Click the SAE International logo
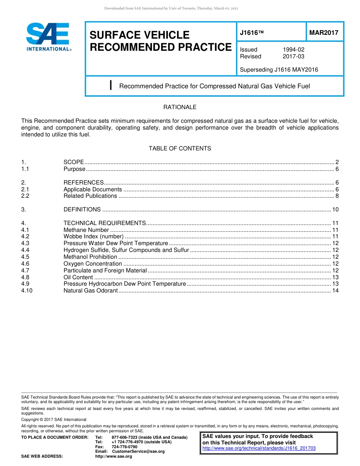(48, 37)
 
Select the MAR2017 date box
(324, 33)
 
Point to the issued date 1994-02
(293, 50)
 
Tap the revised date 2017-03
(293, 56)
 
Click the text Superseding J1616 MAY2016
(279, 70)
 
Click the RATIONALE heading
(180, 107)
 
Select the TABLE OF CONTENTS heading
(180, 149)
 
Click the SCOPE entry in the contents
(74, 162)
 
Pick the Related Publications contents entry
(90, 196)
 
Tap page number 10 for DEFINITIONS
(335, 210)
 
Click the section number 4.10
(27, 291)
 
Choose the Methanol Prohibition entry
(90, 257)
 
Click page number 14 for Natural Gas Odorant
(335, 291)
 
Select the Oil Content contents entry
(78, 277)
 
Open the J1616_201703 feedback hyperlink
(259, 448)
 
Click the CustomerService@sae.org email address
(138, 451)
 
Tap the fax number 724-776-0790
(124, 447)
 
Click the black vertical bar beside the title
(110, 85)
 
